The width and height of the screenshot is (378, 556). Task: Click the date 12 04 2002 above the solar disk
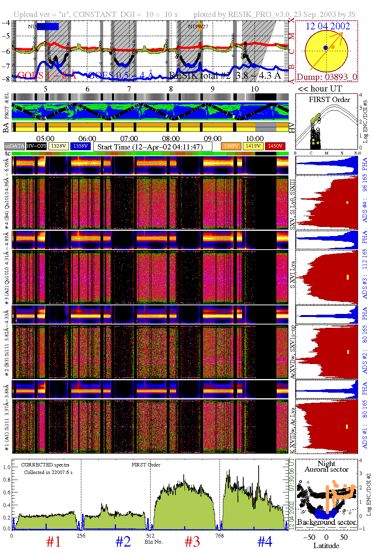coord(328,26)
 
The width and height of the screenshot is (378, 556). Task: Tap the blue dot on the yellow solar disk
coord(326,48)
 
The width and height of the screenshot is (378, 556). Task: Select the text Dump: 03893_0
coord(326,77)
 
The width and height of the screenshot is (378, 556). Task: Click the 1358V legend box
coord(81,146)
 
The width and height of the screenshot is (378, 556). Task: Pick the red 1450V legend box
coord(275,146)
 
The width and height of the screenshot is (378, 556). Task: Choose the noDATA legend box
coord(14,146)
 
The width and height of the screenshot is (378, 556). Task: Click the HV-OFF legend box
coord(36,146)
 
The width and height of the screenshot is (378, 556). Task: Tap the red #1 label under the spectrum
coord(53,542)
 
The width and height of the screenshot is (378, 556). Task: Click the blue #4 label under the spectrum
coord(265,542)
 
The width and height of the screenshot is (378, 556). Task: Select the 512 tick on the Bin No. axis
coord(150,536)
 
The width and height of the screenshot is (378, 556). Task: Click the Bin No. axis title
coord(154,542)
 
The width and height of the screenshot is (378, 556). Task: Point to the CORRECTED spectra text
coord(45,465)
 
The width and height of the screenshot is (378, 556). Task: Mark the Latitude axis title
coord(326,546)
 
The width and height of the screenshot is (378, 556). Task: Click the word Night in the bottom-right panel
coord(326,463)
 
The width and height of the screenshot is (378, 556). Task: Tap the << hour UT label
coord(320,89)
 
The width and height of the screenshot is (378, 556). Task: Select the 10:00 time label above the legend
coord(255,139)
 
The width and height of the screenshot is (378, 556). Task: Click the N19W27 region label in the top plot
coord(198,27)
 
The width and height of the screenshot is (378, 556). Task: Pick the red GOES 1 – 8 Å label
coord(47,76)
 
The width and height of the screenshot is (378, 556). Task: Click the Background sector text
coord(326,522)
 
